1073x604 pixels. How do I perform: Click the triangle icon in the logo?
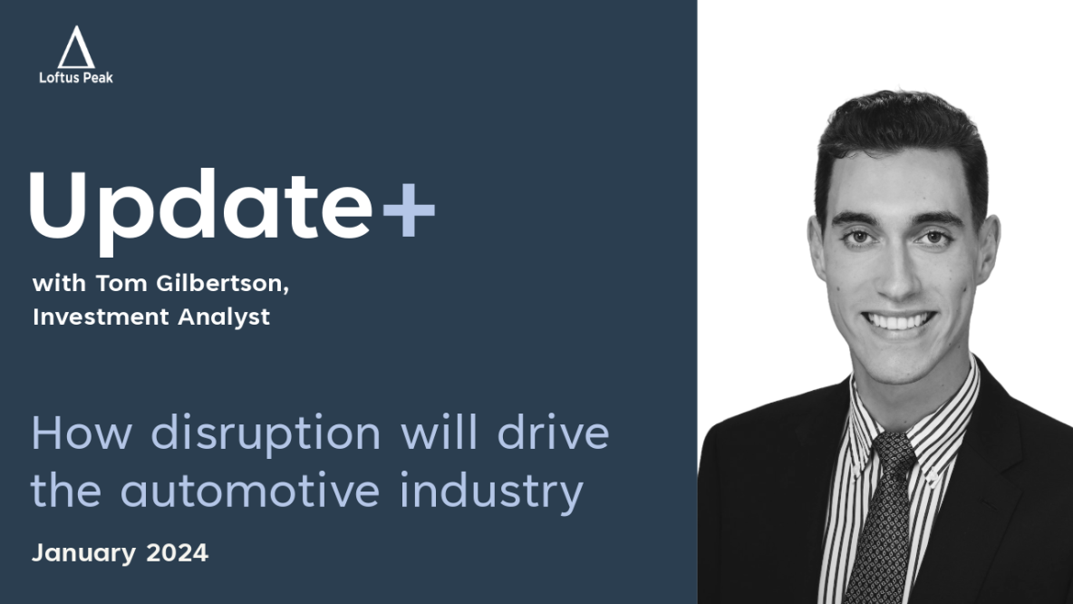[76, 47]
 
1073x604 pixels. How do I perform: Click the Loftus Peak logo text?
[76, 78]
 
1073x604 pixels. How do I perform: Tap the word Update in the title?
[200, 211]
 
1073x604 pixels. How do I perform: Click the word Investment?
[101, 317]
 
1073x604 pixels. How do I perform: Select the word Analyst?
[224, 318]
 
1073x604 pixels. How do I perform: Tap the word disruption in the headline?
[266, 434]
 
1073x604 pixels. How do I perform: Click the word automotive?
[250, 491]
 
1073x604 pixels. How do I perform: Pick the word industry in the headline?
[491, 492]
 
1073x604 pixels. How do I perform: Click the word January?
[84, 553]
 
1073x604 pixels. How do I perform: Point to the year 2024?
[178, 552]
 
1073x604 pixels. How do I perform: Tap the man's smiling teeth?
[898, 320]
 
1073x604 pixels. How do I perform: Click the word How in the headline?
[81, 434]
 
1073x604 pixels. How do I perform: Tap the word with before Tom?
[60, 283]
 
